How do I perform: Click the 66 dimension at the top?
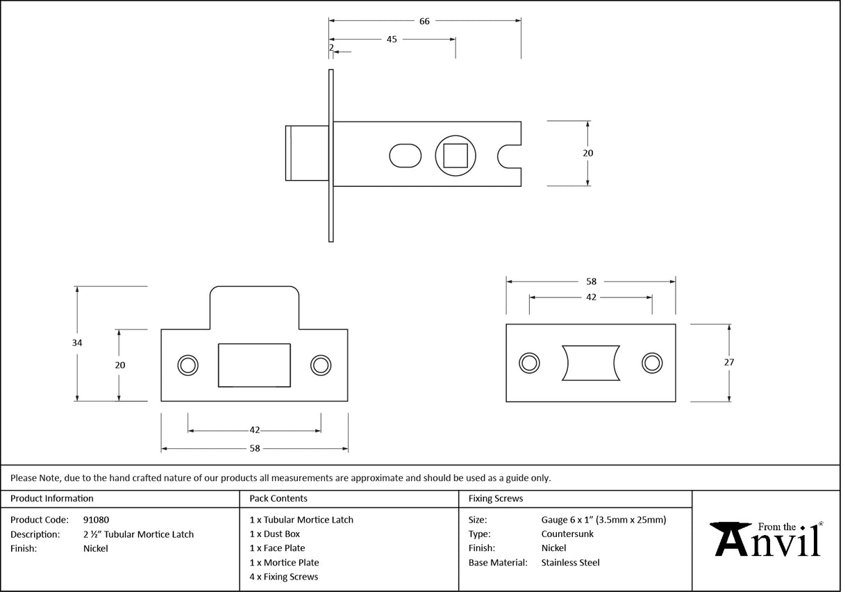click(x=424, y=21)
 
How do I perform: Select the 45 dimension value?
click(x=392, y=39)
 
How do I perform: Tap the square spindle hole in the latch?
click(x=455, y=155)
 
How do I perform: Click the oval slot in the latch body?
click(x=405, y=155)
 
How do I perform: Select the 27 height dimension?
click(x=728, y=362)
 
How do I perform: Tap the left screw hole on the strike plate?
click(x=187, y=365)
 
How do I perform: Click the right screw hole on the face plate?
click(x=651, y=362)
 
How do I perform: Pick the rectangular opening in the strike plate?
click(x=254, y=365)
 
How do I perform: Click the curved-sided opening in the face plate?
click(x=590, y=362)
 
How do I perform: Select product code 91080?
click(x=96, y=520)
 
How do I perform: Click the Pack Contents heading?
click(x=278, y=498)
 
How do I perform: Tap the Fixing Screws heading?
click(x=496, y=498)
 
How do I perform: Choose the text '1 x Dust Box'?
click(x=275, y=534)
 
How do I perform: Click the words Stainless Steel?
click(x=570, y=563)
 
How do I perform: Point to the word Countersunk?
click(x=567, y=534)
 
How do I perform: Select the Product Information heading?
click(x=52, y=498)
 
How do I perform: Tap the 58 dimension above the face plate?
click(x=591, y=281)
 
